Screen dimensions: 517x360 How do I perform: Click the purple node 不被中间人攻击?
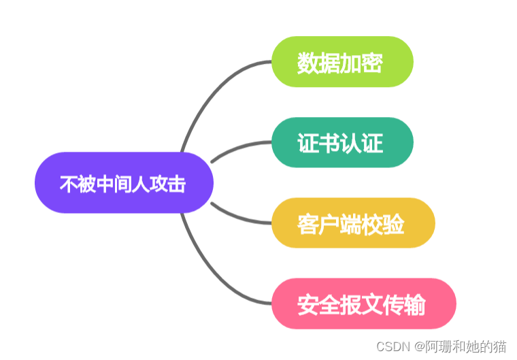click(124, 182)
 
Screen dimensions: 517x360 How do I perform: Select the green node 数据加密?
click(342, 62)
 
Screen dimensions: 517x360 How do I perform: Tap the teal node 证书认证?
click(342, 142)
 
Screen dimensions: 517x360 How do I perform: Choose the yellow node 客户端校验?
click(352, 223)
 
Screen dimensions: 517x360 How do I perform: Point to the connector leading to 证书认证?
click(238, 148)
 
